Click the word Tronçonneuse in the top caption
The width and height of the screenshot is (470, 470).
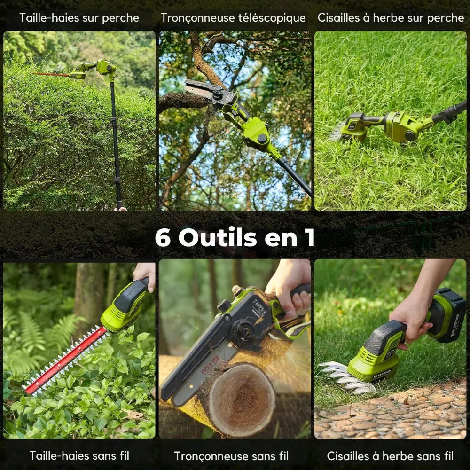[x=198, y=18]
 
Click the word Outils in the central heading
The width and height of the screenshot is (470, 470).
[x=218, y=237]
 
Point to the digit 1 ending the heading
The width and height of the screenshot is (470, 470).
[x=311, y=238]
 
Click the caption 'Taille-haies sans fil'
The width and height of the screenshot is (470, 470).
[x=79, y=455]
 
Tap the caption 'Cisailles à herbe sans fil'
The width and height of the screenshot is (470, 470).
[x=390, y=456]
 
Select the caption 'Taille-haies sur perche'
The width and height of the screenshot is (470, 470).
[x=79, y=18]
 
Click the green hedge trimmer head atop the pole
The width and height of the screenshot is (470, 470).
[x=94, y=69]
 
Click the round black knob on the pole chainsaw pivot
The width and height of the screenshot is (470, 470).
[x=262, y=138]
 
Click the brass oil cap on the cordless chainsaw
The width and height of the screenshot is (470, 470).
[x=237, y=290]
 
